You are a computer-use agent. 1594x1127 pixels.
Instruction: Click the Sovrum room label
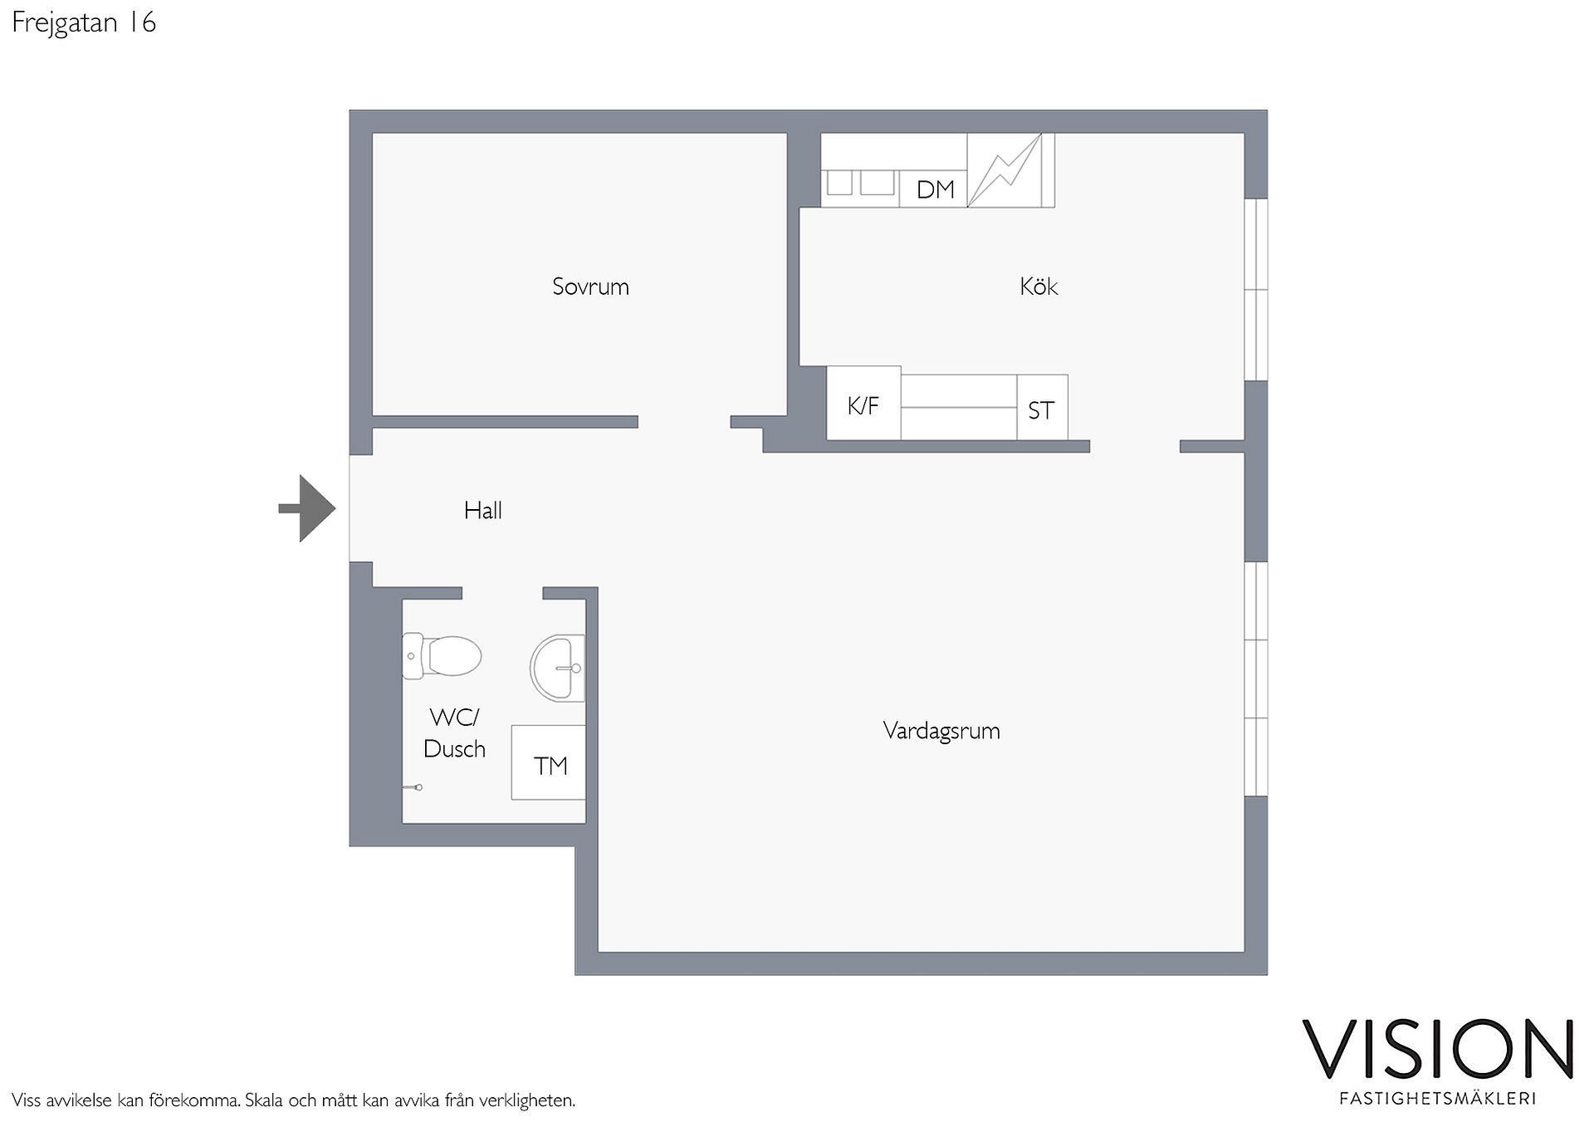tap(590, 287)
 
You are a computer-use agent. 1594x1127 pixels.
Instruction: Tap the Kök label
tap(1039, 287)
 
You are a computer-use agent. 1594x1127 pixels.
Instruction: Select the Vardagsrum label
tap(941, 731)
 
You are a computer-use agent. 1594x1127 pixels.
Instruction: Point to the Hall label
tap(482, 510)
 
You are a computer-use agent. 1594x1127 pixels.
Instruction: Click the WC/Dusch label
tap(454, 733)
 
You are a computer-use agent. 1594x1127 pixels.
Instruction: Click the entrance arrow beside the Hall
tap(307, 508)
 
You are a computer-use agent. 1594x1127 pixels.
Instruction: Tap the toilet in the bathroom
tap(442, 656)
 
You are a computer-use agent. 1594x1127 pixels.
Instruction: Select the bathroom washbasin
tap(557, 668)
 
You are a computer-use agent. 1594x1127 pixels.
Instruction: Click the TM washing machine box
tap(549, 762)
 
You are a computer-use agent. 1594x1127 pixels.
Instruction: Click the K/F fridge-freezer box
tap(863, 403)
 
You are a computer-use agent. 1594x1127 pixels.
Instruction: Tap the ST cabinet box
tap(1042, 408)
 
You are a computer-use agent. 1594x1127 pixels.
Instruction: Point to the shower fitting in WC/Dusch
tap(413, 786)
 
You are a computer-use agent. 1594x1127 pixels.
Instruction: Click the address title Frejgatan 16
tap(84, 22)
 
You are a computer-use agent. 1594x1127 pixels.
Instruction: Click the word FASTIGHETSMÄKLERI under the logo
tap(1438, 1098)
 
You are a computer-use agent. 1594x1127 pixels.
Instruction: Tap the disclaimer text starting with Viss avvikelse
tap(294, 1100)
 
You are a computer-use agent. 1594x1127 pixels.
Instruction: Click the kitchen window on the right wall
tap(1256, 290)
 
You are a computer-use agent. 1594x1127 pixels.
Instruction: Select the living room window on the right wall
tap(1256, 679)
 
